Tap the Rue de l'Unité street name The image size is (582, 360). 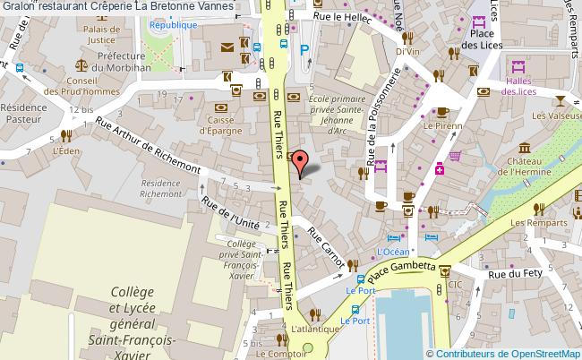click(x=232, y=214)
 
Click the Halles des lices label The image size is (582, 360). click(x=518, y=84)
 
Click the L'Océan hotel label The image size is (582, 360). click(x=392, y=252)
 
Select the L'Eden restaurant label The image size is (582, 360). click(x=66, y=151)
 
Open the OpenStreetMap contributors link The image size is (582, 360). click(x=502, y=353)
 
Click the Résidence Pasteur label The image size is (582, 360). click(x=23, y=112)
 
